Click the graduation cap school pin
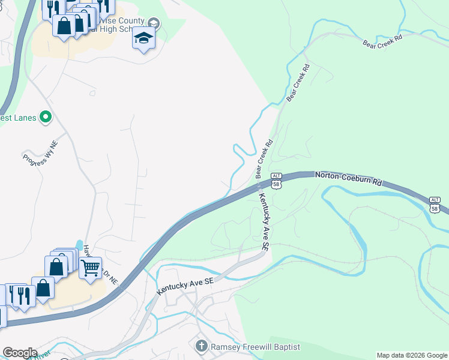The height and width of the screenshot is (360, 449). point(143,39)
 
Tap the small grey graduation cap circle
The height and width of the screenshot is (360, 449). point(154,23)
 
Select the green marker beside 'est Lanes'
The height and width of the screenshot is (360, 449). point(45,117)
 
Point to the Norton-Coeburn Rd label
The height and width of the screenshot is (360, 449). point(348,178)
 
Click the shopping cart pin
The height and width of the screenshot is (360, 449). point(90,268)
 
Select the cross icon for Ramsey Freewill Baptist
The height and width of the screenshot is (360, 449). point(201,346)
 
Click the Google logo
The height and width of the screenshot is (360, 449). point(20,353)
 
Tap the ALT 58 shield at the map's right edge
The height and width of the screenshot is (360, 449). point(436,204)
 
